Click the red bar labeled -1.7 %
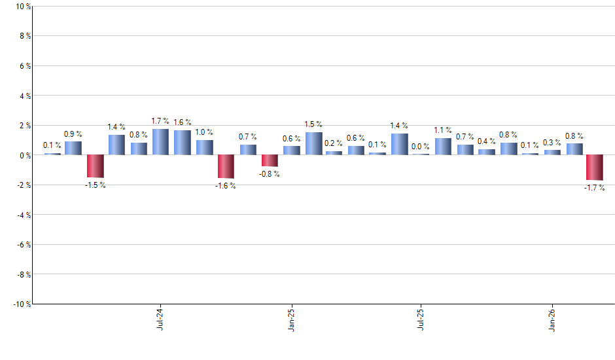pyautogui.click(x=595, y=168)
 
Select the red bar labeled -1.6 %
pyautogui.click(x=226, y=167)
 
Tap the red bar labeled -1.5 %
pyautogui.click(x=96, y=166)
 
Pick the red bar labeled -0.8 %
pyautogui.click(x=270, y=161)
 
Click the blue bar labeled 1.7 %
pyautogui.click(x=160, y=142)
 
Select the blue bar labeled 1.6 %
pyautogui.click(x=183, y=143)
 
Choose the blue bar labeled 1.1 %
pyautogui.click(x=443, y=147)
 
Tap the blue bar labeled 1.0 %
pyautogui.click(x=204, y=147)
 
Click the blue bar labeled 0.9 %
pyautogui.click(x=73, y=149)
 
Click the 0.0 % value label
pyautogui.click(x=421, y=147)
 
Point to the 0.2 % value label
pyautogui.click(x=334, y=143)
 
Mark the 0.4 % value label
pyautogui.click(x=486, y=141)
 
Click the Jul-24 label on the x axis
pyautogui.click(x=160, y=319)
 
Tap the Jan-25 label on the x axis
pyautogui.click(x=291, y=319)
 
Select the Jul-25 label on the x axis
pyautogui.click(x=421, y=319)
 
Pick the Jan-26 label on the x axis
pyautogui.click(x=552, y=319)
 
